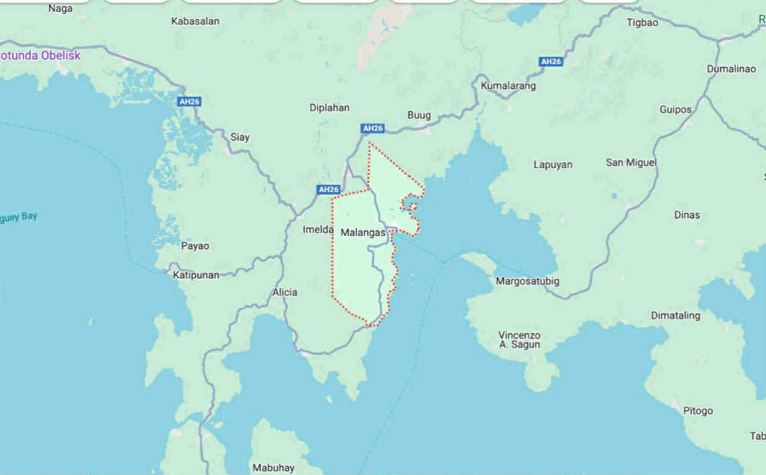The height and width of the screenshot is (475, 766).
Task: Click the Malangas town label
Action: pos(363,232)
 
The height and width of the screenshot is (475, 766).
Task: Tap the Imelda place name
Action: pos(318,229)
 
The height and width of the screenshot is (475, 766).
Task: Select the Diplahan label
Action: pos(329,108)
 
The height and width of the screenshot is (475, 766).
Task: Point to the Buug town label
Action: pos(419,115)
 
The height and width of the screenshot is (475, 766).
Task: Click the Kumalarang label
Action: pos(508,86)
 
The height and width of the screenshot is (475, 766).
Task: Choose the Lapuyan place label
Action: pos(552,164)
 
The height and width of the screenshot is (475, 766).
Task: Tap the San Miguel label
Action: pos(631,162)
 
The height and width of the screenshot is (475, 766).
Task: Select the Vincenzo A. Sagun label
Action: pos(519,339)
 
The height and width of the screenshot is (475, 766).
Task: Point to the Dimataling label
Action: pos(675,315)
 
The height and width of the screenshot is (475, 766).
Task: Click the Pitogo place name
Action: pos(698,410)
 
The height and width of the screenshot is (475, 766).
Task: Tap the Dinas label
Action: pos(687,215)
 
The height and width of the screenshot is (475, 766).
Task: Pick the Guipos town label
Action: pos(675,110)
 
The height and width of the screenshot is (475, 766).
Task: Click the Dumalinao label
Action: pos(731,68)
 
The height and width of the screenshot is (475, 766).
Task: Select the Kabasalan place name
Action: pos(195,21)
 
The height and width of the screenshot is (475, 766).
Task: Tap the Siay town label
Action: pos(240,137)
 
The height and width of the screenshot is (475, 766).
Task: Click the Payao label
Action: pos(195,246)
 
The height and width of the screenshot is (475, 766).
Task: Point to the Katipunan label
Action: pos(196,275)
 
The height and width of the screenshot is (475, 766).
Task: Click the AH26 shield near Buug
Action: pos(373,128)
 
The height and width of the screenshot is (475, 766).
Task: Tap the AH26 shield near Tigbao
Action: pos(550,61)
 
